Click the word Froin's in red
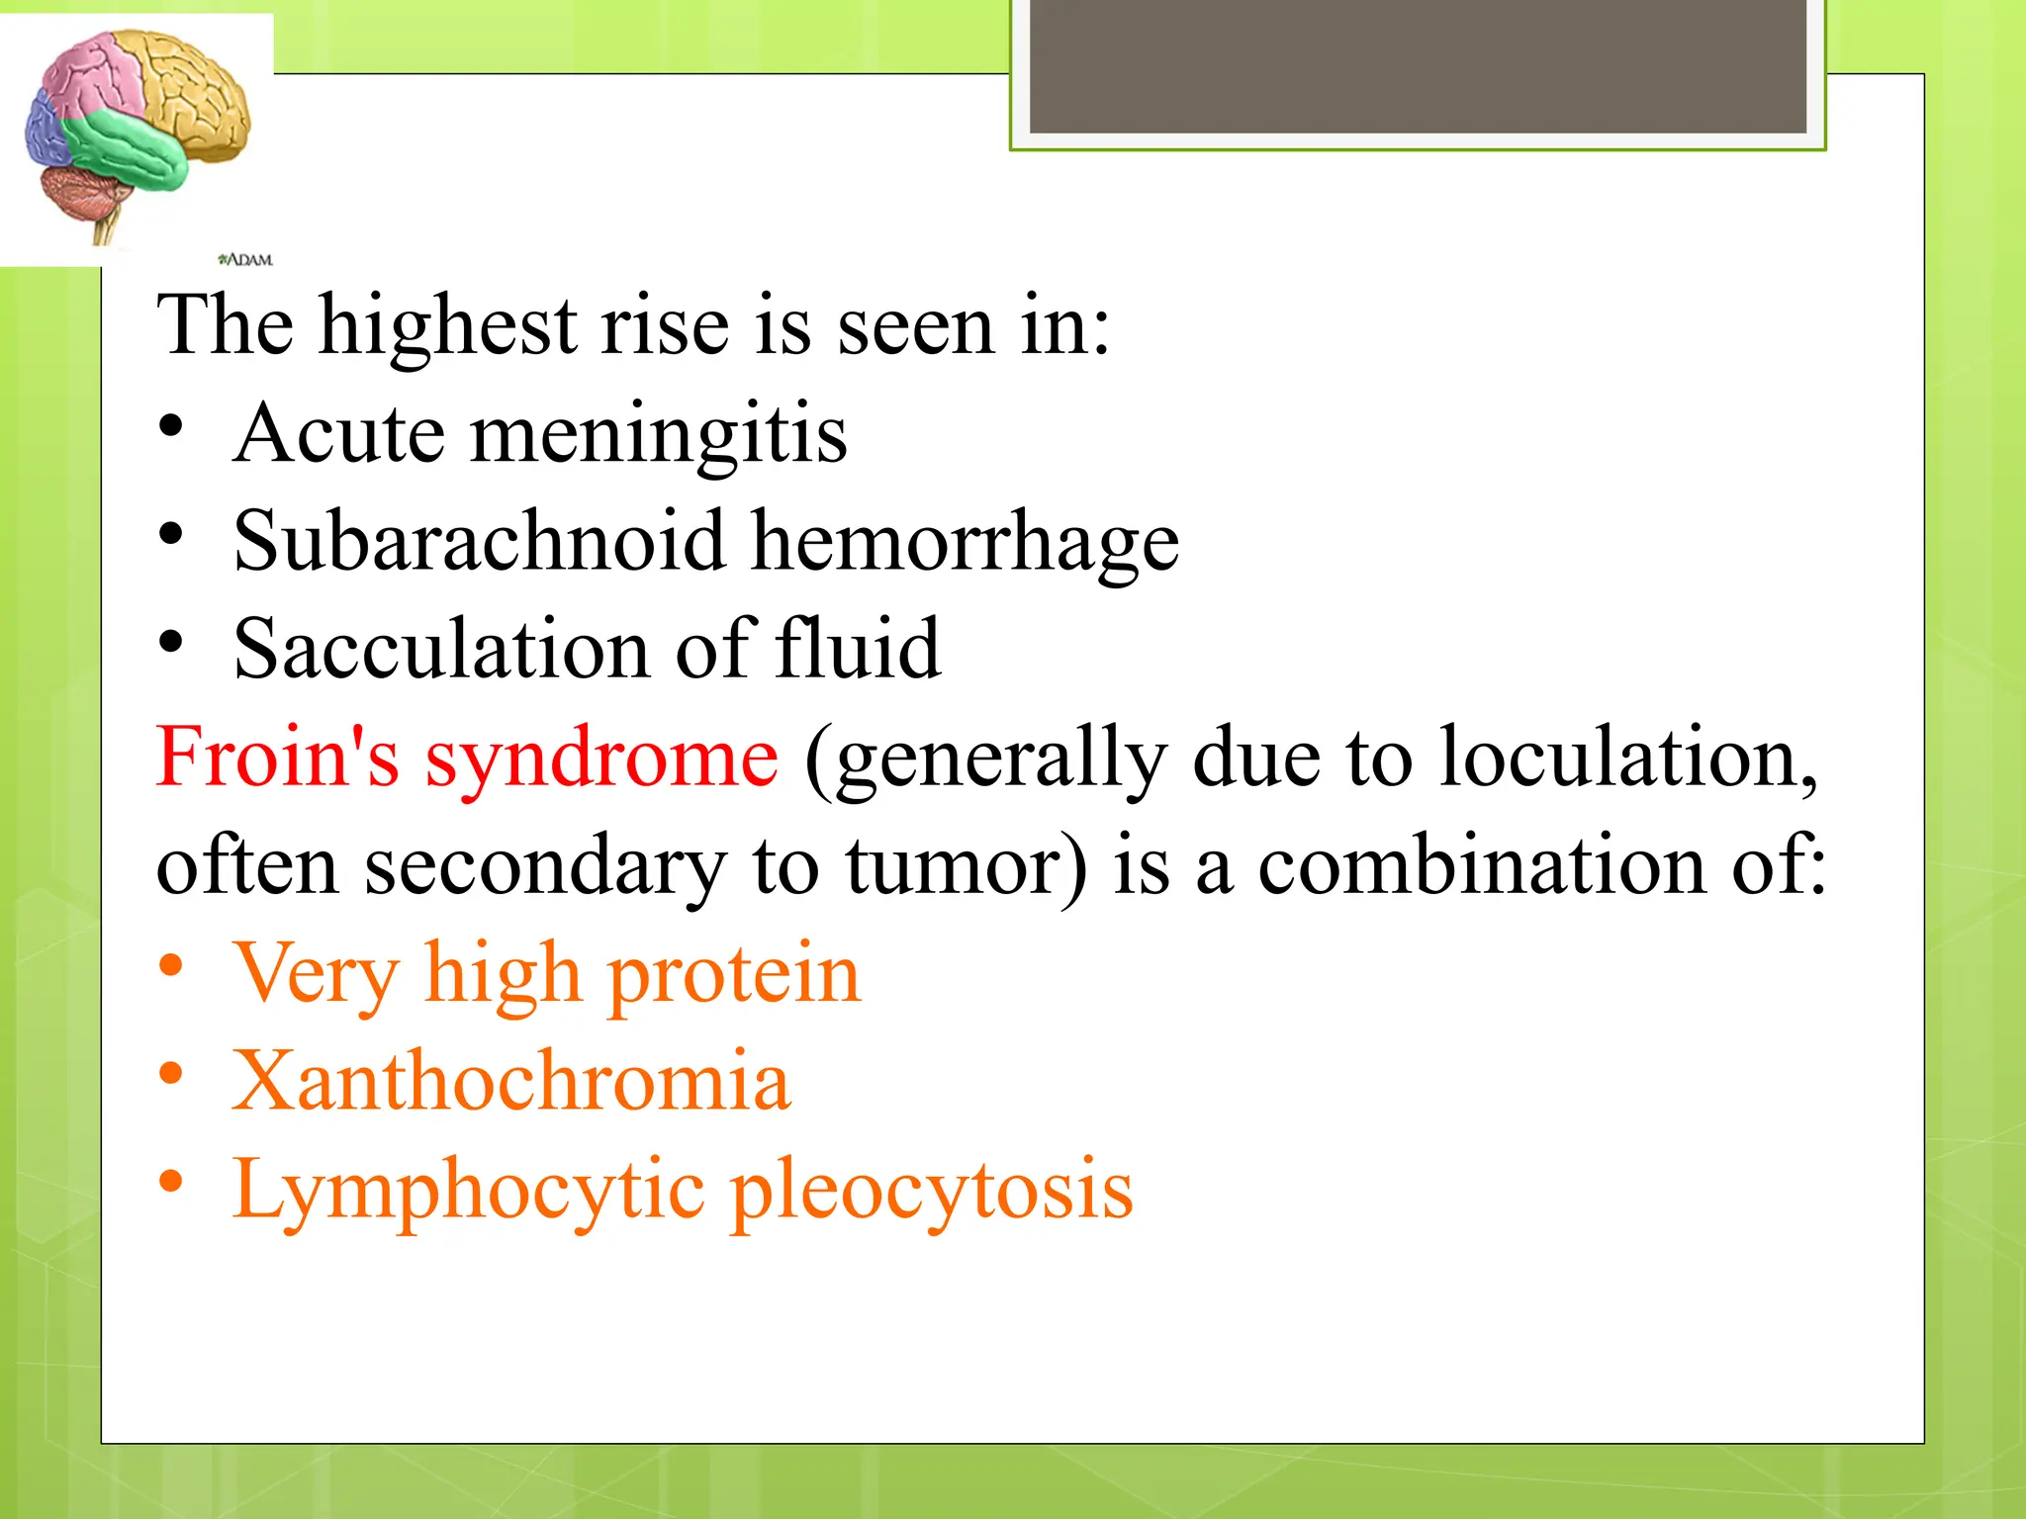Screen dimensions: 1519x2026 click(x=277, y=759)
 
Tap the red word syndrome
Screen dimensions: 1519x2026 click(x=601, y=761)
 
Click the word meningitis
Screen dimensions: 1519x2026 click(x=658, y=436)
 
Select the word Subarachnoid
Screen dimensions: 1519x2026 click(x=479, y=541)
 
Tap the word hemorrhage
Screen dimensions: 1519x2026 click(x=965, y=545)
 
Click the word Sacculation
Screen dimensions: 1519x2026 click(x=441, y=650)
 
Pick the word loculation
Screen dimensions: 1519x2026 click(x=1627, y=759)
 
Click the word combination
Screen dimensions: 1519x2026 click(x=1481, y=866)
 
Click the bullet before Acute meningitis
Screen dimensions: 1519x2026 click(x=171, y=427)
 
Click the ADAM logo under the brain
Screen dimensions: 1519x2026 click(x=244, y=260)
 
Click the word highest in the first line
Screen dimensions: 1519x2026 click(x=447, y=327)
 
